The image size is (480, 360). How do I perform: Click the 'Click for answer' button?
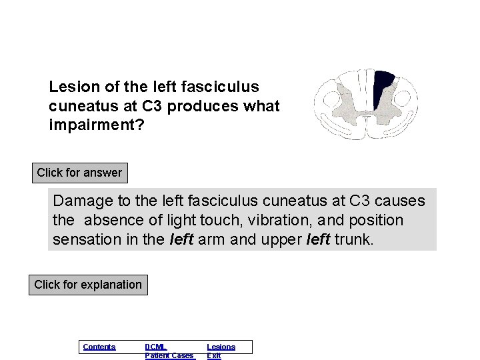point(79,173)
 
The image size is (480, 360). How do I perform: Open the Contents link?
point(99,347)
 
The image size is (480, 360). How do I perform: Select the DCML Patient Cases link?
point(169,351)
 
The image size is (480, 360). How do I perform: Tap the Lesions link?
point(221,347)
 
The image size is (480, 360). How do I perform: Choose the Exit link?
point(213,356)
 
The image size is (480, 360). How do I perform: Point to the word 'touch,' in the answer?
point(217,220)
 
